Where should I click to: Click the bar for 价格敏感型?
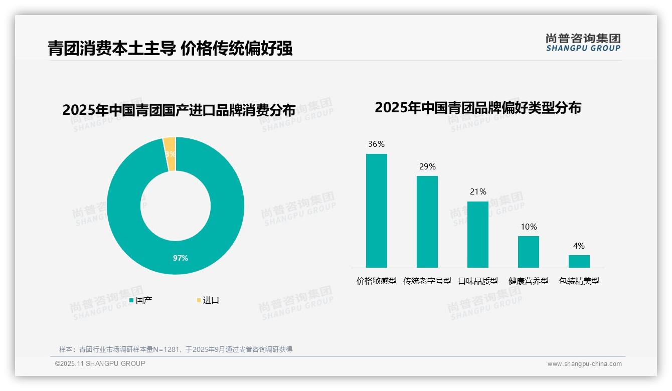pos(376,211)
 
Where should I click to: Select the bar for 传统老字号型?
pos(427,222)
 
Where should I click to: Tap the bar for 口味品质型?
pos(477,235)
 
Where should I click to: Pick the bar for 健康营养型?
pos(528,252)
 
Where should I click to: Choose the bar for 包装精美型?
pos(579,261)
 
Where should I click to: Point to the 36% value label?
pos(376,144)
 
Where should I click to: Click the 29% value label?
pos(427,166)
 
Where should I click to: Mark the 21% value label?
pos(478,191)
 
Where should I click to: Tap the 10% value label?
pos(529,227)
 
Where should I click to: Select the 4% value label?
pos(579,246)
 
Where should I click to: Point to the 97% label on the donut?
pos(181,258)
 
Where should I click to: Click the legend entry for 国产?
pos(141,300)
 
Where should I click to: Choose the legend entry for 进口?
pos(208,300)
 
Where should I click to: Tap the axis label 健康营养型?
pos(529,281)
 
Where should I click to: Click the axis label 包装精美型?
pos(579,281)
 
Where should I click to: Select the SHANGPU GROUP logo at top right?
pos(583,43)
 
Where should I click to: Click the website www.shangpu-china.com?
pos(584,364)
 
